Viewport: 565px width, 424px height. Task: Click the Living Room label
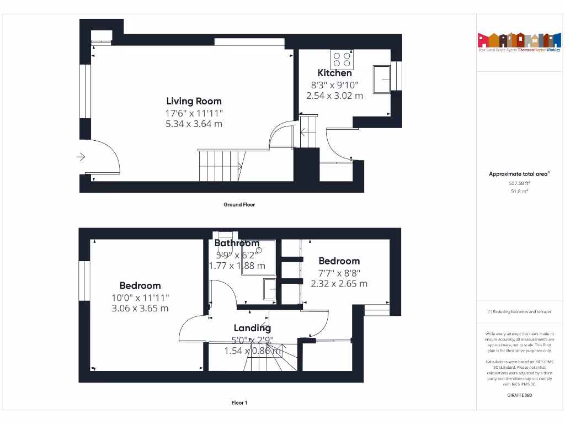coord(194,101)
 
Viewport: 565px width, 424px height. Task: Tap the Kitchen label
coord(334,73)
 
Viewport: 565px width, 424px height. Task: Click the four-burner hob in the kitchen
coord(342,59)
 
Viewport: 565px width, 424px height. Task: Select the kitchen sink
coord(382,79)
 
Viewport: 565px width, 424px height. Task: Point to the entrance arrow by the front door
coord(81,157)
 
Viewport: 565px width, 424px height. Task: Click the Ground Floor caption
coord(239,204)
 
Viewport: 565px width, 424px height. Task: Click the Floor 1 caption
coord(239,402)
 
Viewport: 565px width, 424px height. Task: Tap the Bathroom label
coord(237,243)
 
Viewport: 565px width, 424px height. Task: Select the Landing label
coord(252,328)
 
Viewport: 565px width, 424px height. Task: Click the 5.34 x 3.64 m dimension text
coord(194,124)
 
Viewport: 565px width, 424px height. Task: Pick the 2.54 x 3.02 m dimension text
coord(334,96)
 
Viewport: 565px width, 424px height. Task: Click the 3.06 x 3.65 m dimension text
coord(140,308)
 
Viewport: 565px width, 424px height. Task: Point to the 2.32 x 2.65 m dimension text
coord(339,283)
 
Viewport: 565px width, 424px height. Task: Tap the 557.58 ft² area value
coord(519,183)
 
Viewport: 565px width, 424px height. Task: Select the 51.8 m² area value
coord(519,191)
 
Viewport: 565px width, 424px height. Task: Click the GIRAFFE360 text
coord(519,395)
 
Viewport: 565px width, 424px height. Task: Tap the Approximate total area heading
coord(519,174)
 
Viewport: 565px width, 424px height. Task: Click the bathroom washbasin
coord(270,288)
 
